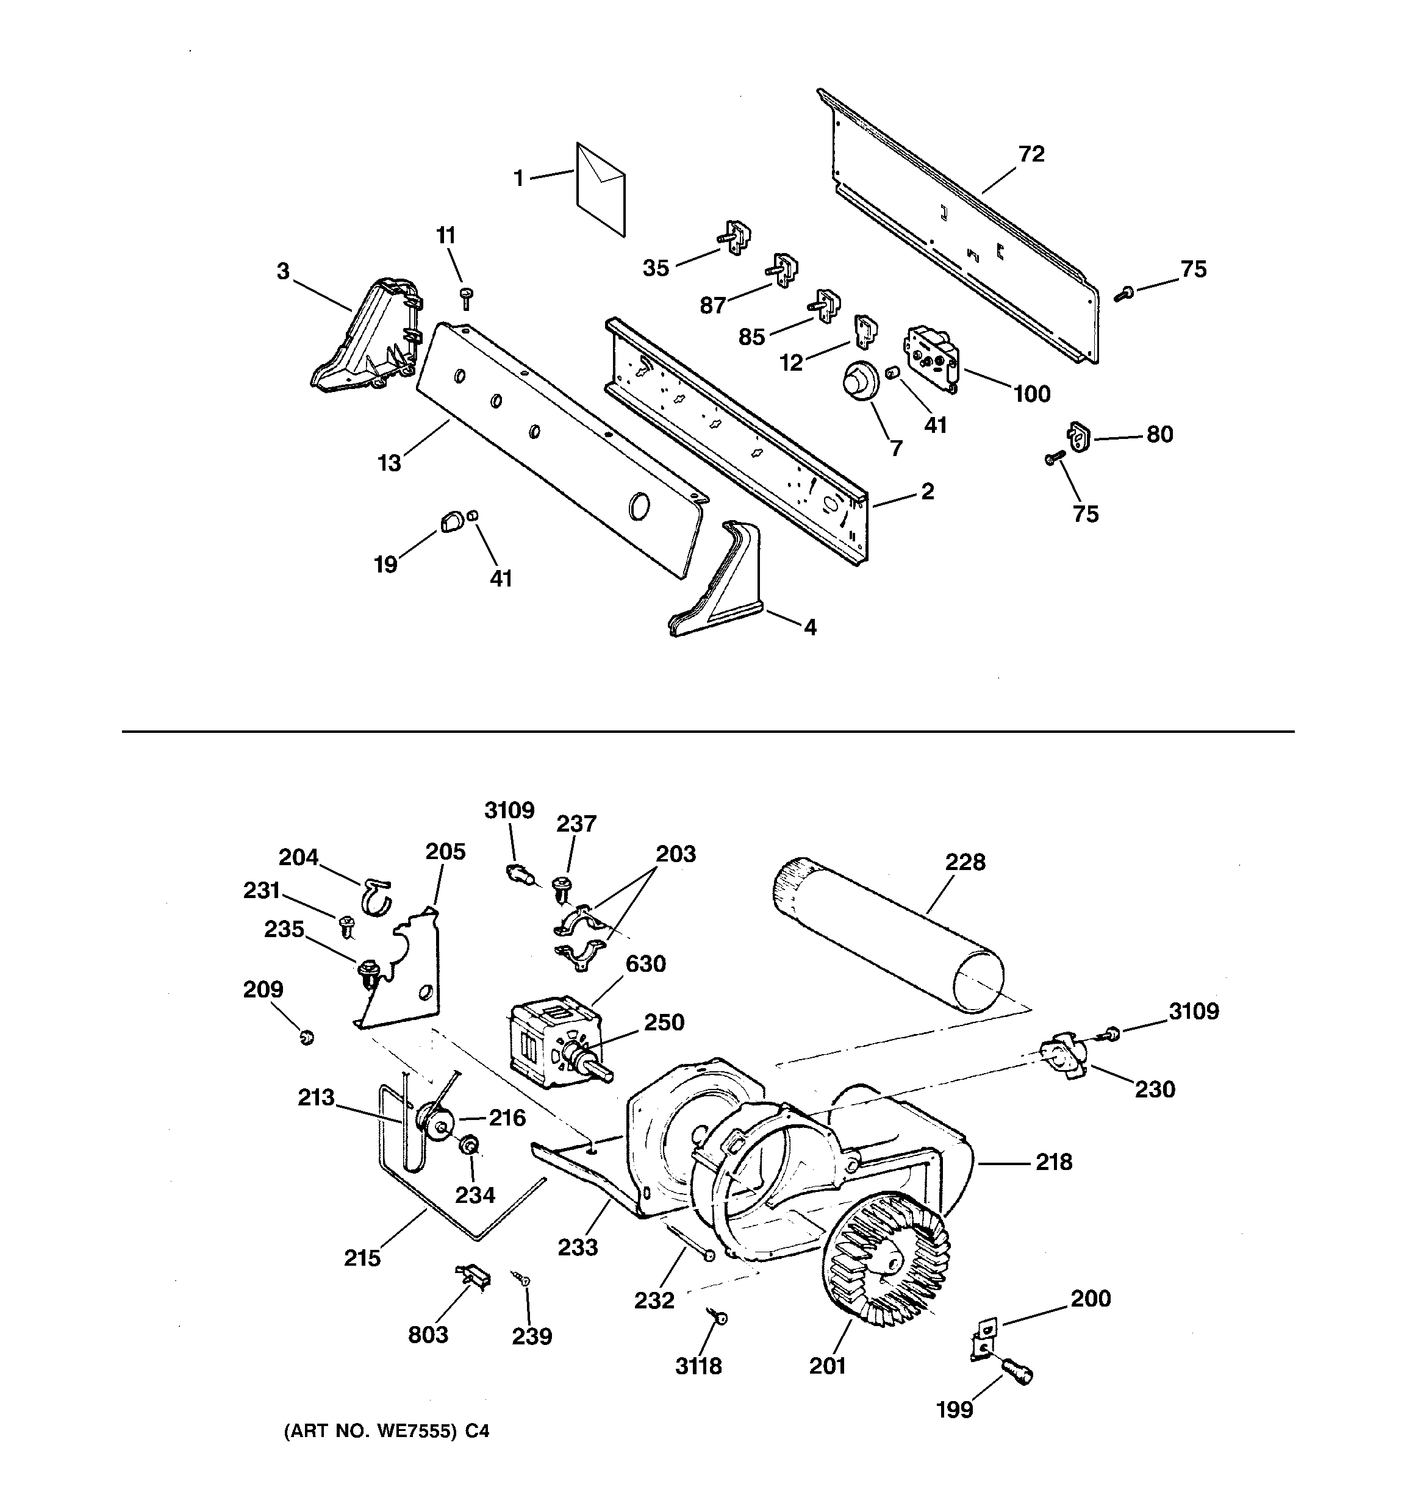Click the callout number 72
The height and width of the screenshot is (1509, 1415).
click(1031, 154)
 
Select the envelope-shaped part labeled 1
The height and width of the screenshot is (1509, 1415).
click(600, 190)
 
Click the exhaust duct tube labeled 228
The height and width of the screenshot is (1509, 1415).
click(889, 935)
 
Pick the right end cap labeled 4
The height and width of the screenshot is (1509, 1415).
click(718, 585)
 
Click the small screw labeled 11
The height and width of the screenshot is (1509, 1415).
click(467, 298)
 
